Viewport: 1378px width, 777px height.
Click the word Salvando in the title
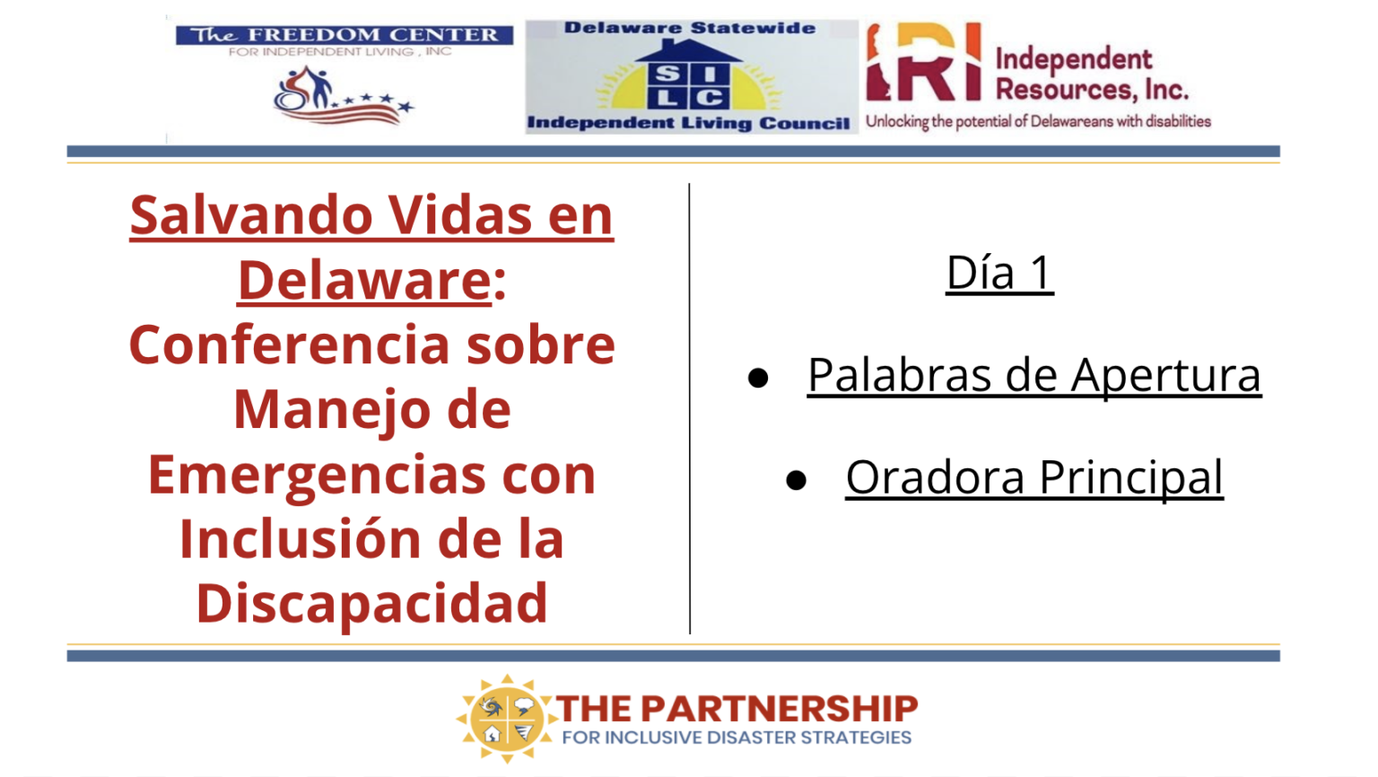pyautogui.click(x=251, y=215)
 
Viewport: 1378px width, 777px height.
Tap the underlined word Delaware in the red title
pyautogui.click(x=365, y=281)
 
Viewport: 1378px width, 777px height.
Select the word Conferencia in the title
pyautogui.click(x=290, y=345)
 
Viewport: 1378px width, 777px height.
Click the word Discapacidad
pyautogui.click(x=371, y=604)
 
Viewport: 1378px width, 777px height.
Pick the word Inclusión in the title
pyautogui.click(x=301, y=539)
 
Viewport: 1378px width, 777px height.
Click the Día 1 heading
pyautogui.click(x=999, y=273)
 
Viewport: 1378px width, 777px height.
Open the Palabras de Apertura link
pyautogui.click(x=1034, y=375)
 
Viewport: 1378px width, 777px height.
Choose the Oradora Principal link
pyautogui.click(x=1034, y=477)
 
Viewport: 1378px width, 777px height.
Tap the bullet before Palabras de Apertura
pyautogui.click(x=758, y=377)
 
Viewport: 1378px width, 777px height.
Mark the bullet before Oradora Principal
pyautogui.click(x=796, y=480)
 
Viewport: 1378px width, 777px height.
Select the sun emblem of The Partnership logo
pyautogui.click(x=506, y=718)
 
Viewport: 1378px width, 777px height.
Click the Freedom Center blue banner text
pyautogui.click(x=344, y=35)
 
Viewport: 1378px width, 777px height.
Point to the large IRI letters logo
pyautogui.click(x=924, y=62)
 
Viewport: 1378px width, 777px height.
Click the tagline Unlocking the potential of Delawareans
pyautogui.click(x=1038, y=121)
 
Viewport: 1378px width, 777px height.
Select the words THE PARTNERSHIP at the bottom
pyautogui.click(x=737, y=708)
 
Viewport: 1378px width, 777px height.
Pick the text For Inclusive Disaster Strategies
pyautogui.click(x=737, y=738)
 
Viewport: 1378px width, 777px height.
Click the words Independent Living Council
pyautogui.click(x=688, y=123)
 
